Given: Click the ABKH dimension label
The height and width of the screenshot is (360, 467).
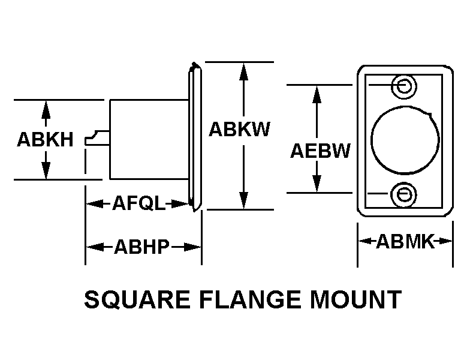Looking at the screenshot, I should point(45,140).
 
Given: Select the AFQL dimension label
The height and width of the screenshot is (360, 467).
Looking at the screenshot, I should point(138,204).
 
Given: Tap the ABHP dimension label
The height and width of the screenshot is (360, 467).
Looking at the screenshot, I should point(141,247).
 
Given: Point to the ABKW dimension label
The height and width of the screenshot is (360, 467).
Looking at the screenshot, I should point(239,129).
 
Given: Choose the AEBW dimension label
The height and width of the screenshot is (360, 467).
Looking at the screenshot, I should point(320,151).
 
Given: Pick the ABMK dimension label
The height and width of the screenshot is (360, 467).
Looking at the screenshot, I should point(405,242).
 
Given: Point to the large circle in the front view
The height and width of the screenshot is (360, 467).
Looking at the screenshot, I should point(405,140).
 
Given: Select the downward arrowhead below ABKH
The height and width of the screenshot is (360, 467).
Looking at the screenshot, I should point(46,172).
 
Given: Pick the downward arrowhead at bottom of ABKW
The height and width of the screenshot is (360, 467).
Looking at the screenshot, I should point(243,201).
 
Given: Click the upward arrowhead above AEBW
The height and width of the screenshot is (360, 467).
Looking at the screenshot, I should point(317,92).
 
